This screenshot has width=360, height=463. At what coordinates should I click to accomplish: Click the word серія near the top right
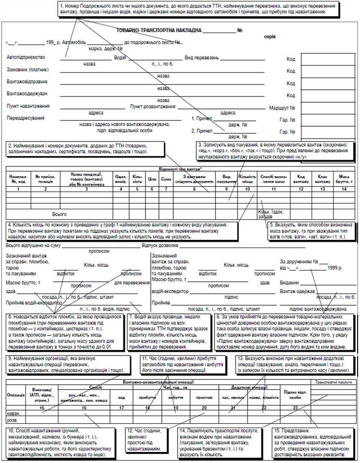(270, 36)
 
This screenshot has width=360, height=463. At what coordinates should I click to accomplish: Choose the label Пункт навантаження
(28, 106)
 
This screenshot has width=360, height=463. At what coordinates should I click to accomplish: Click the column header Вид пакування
(223, 179)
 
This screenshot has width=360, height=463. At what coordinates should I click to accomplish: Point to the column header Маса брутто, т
(344, 179)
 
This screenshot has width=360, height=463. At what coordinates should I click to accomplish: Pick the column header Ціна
(153, 179)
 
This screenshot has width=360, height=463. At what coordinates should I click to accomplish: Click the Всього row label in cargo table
(60, 214)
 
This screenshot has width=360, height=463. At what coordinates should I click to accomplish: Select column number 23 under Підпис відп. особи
(296, 408)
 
